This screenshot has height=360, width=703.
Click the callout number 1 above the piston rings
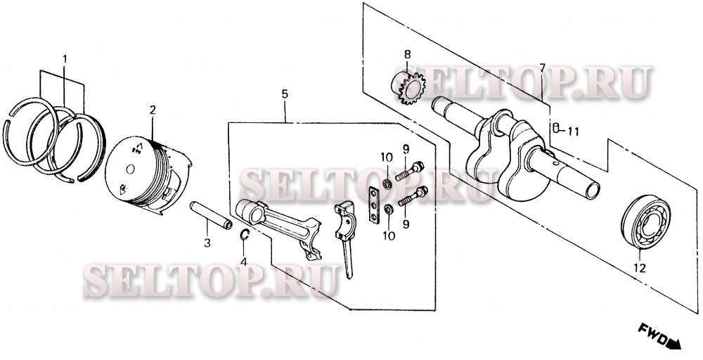tap(65, 59)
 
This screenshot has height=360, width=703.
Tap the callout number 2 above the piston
tap(153, 110)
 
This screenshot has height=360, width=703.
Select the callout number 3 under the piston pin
tap(207, 243)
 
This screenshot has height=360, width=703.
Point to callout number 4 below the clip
tap(243, 262)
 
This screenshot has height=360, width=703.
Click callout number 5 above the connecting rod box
tap(285, 94)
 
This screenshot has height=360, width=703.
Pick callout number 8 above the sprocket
tap(407, 55)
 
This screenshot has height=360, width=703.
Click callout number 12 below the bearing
tap(639, 268)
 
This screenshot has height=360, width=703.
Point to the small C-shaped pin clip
tap(245, 234)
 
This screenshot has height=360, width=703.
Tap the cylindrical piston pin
tap(211, 215)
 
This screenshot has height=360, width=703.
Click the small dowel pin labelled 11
tap(555, 128)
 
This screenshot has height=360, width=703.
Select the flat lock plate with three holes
tap(373, 205)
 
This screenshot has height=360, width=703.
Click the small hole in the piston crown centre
tap(130, 169)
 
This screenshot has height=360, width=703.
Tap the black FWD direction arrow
tap(674, 344)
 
